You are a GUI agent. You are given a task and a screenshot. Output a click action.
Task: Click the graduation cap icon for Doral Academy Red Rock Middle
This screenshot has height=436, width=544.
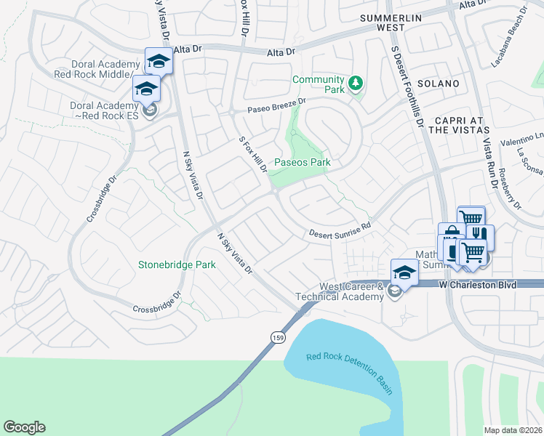[x=159, y=61]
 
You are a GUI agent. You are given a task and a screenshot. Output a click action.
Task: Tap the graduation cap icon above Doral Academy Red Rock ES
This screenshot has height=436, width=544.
[x=145, y=89]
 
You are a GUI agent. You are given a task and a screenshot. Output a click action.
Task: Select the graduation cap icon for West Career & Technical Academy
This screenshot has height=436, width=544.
[x=404, y=272]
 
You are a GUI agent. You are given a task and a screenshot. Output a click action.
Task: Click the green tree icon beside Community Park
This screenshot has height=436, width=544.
[x=356, y=84]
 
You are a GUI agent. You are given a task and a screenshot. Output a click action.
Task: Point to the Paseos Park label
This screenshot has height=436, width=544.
[x=302, y=163]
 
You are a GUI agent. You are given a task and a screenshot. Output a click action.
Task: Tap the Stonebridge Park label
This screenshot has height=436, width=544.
[x=177, y=265]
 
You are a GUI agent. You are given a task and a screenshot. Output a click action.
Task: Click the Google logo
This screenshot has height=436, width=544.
[x=24, y=427]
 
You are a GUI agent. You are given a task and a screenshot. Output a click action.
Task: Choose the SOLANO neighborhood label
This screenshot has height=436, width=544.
[x=438, y=84]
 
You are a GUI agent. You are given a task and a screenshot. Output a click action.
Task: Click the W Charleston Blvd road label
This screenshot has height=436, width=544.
[x=478, y=286]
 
